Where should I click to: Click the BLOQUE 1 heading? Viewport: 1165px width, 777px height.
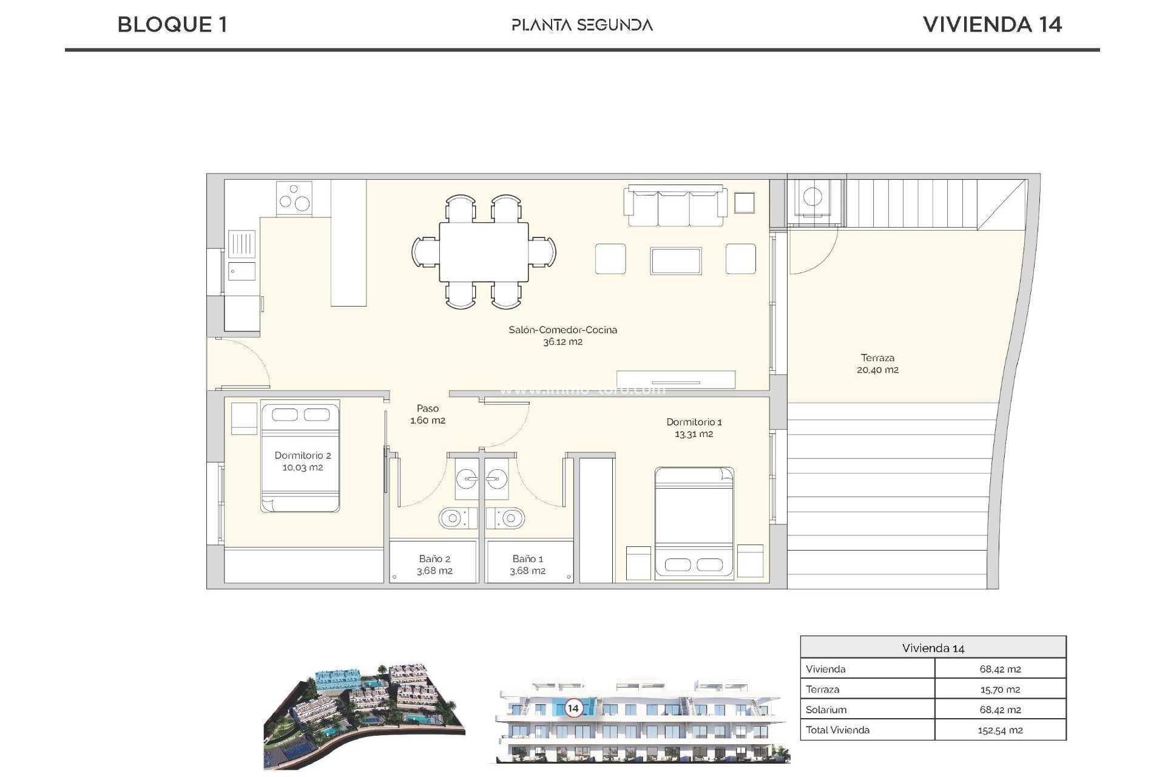coord(172,24)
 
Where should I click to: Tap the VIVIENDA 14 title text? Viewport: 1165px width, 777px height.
coord(992,24)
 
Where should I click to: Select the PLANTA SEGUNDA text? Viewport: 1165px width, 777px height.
coord(582,25)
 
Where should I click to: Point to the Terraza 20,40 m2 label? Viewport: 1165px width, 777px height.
coord(877,364)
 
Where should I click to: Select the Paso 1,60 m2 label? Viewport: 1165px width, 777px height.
coord(427,414)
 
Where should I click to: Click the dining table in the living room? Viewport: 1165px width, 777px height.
coord(484,251)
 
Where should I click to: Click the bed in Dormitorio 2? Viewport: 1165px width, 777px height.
coord(300,456)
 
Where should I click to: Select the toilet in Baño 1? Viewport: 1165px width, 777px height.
coord(508,518)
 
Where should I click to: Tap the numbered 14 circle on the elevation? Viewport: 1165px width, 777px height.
coord(573,708)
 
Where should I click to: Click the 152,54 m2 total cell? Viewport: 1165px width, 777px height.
coord(999,730)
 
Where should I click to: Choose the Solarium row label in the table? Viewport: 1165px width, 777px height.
coord(826,710)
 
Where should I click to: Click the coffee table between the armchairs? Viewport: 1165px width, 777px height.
coord(675,260)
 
